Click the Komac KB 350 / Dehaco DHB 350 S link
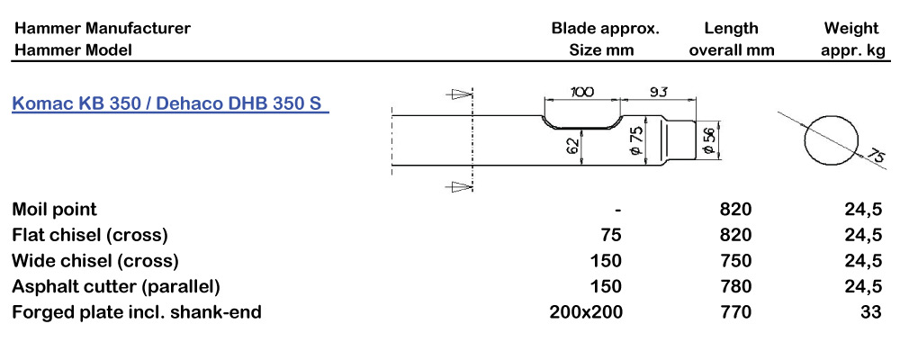point(168,103)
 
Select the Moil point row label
point(54,210)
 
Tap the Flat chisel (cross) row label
point(90,236)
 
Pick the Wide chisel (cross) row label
point(94,261)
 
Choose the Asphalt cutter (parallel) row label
point(116,287)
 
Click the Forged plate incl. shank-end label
point(137,312)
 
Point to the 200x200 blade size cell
point(586,312)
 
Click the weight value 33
point(870,312)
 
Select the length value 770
point(736,312)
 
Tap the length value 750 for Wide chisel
point(736,261)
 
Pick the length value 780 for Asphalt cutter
point(736,287)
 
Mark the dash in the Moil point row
point(617,210)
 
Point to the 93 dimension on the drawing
point(658,91)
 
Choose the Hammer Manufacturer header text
point(102,28)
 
